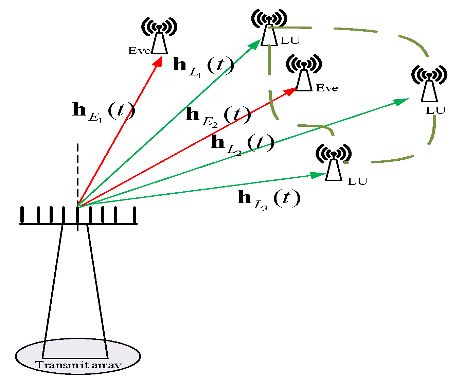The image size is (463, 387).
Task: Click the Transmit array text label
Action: [78, 365]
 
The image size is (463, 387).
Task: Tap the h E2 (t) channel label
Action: [218, 116]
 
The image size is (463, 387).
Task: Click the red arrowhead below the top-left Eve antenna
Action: [158, 61]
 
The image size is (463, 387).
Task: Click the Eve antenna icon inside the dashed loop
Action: [304, 73]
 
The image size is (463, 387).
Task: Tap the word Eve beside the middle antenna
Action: [327, 88]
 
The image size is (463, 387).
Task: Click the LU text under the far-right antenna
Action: [435, 111]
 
